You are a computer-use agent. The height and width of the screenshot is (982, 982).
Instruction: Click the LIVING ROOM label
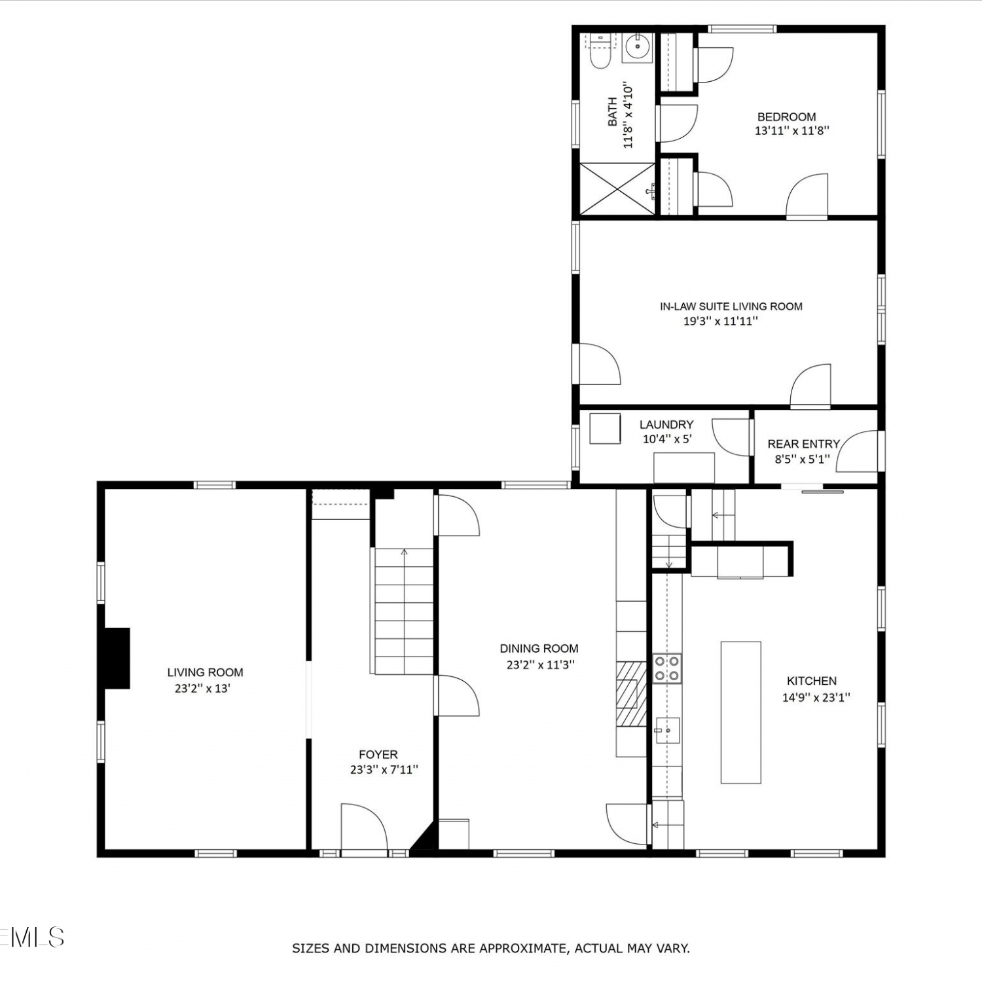tap(205, 672)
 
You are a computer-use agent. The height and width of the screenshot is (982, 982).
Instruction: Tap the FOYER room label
tap(378, 755)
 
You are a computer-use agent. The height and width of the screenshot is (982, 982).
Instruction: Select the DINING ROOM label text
tap(539, 649)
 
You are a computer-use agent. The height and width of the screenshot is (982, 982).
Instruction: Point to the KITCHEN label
tap(811, 681)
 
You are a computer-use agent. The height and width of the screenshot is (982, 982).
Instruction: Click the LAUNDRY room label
tap(666, 425)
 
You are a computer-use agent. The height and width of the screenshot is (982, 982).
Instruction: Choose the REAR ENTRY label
tap(803, 444)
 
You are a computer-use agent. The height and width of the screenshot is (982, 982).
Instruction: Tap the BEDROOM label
tap(786, 117)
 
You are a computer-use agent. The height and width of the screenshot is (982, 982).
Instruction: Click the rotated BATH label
tap(613, 111)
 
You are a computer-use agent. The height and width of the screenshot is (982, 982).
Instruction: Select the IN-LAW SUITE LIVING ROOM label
tap(731, 306)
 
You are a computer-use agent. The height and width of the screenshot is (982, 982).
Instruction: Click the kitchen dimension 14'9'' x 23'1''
tap(816, 698)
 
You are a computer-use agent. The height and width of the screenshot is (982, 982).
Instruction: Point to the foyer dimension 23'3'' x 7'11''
tap(384, 770)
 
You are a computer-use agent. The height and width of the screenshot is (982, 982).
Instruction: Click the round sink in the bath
tap(637, 46)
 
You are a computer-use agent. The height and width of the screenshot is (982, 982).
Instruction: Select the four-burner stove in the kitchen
tap(667, 668)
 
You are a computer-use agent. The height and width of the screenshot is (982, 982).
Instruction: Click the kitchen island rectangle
tap(741, 712)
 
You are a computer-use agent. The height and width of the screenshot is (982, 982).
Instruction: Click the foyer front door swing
tap(365, 827)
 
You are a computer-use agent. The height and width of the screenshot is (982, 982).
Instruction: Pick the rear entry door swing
tap(857, 451)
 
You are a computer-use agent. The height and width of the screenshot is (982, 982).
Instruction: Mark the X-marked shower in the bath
tap(617, 189)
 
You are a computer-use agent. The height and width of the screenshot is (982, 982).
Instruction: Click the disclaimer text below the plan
tap(490, 948)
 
